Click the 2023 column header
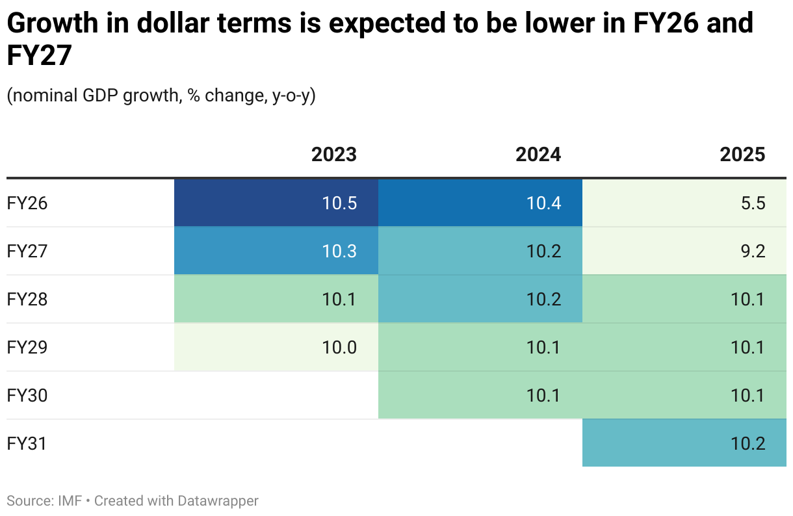click(334, 155)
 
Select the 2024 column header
click(538, 155)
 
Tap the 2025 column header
click(742, 155)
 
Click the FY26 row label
click(27, 203)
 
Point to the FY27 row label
click(27, 252)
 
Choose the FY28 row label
click(27, 300)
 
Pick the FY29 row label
click(27, 348)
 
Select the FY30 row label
click(27, 396)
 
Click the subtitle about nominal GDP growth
click(161, 96)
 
